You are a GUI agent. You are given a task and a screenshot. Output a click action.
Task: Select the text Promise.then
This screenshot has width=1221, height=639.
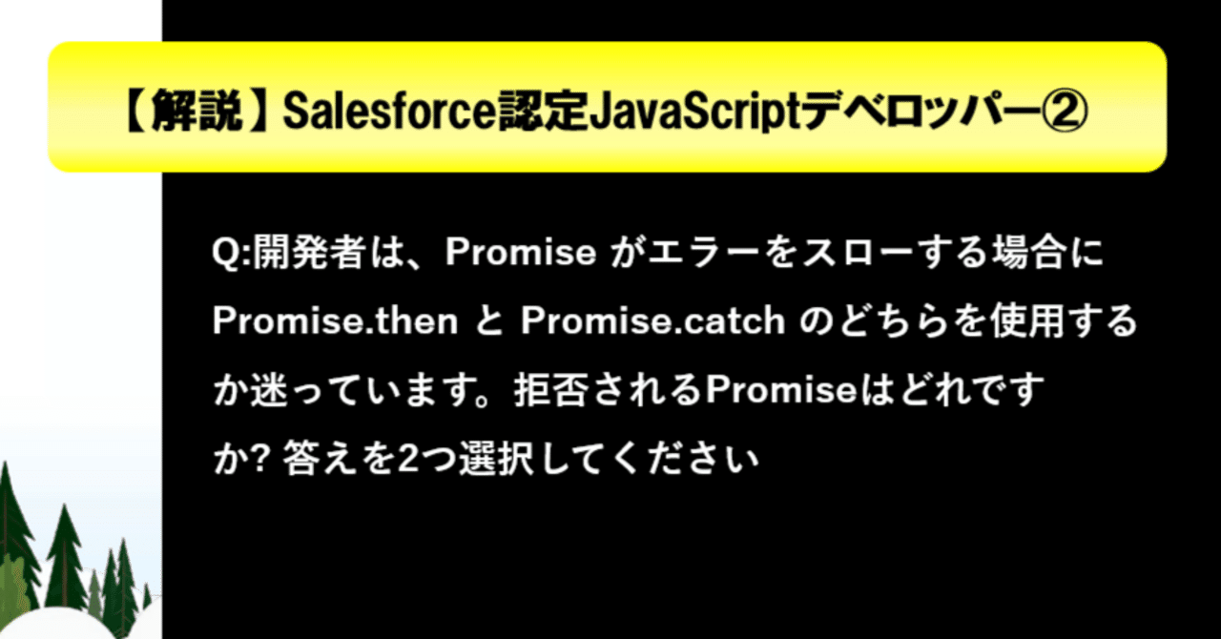point(335,321)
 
